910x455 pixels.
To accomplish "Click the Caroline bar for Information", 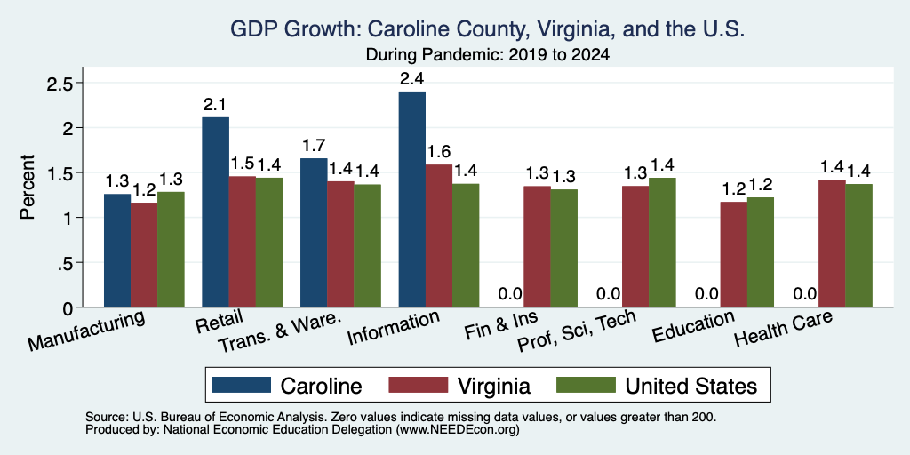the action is pos(412,199).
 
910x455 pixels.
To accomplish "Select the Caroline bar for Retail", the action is pos(215,212).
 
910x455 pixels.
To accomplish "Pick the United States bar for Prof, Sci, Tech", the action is pos(662,243).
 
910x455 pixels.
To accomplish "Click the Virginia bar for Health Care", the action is pos(832,243).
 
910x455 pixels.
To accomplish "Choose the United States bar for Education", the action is pos(761,252).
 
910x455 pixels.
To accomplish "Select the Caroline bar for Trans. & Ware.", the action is pos(314,233).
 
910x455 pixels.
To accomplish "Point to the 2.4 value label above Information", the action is pos(412,79).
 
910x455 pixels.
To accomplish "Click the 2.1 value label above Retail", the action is pos(215,105).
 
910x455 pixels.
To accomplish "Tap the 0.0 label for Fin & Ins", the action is pos(511,294).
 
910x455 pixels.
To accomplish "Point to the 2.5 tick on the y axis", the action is pos(58,83).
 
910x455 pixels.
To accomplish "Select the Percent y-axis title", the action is pos(28,187).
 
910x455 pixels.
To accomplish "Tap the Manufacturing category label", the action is pos(85,331).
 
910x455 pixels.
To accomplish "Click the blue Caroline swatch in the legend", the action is pos(241,385).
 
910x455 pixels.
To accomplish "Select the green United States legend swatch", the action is pos(586,385).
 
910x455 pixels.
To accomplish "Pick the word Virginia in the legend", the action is pos(492,386).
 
